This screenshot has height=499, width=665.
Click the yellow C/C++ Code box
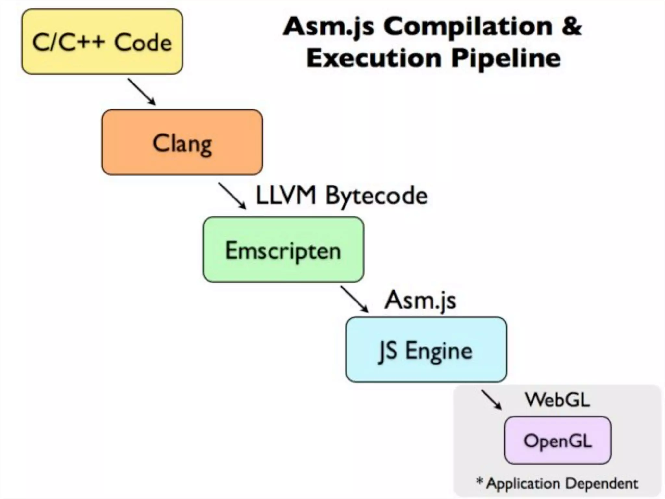pos(102,42)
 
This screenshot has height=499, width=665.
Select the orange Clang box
pos(182,142)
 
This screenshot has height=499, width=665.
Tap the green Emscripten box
pos(283,249)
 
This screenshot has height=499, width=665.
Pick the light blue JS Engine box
pos(426,350)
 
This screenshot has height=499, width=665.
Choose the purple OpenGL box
pos(558,441)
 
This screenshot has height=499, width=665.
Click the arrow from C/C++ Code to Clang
pos(142,92)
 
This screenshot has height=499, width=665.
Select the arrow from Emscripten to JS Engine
pos(354,299)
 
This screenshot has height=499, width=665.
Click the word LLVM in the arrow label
pos(286,196)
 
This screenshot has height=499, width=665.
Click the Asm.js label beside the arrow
pos(420,300)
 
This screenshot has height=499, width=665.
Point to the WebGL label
pos(557,400)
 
